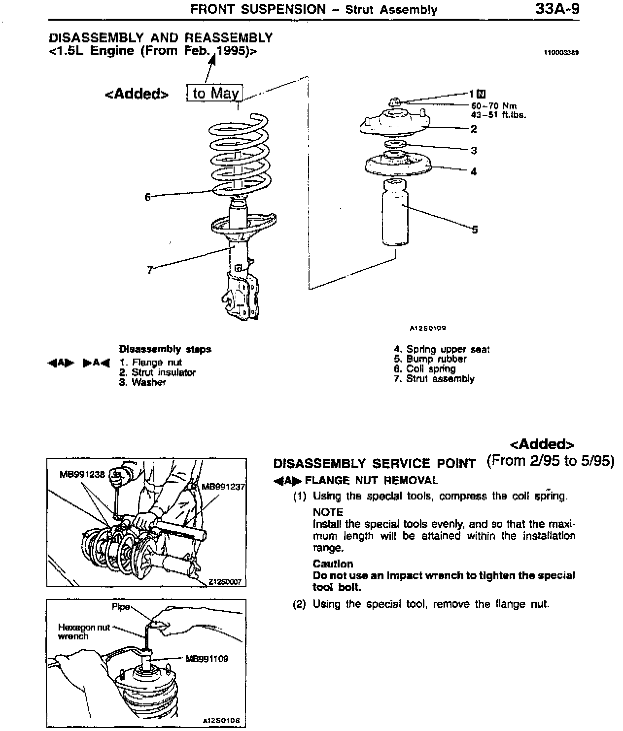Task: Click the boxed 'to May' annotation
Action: (x=215, y=93)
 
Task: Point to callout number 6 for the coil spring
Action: (x=147, y=197)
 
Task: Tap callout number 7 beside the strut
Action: (x=150, y=269)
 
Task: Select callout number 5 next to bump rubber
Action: (x=475, y=229)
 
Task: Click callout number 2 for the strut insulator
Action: (x=474, y=129)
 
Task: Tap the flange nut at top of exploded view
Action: (x=394, y=102)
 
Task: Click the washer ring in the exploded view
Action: (x=395, y=143)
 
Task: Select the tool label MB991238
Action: (x=82, y=474)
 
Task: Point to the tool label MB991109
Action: (x=207, y=659)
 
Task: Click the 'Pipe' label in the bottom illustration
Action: (x=121, y=606)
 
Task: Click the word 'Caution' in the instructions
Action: (x=333, y=564)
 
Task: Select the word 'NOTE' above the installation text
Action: (x=328, y=512)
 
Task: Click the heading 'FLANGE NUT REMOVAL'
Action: (x=371, y=480)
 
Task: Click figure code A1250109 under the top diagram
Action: (x=428, y=328)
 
